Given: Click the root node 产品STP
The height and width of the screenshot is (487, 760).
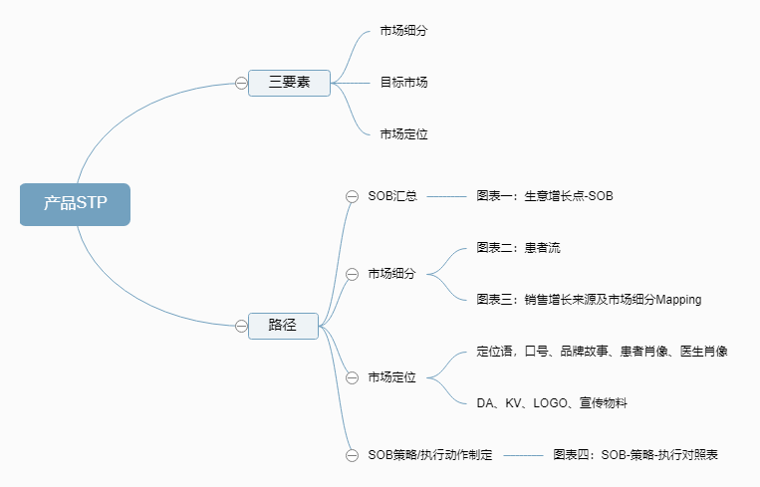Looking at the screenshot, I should click(75, 204).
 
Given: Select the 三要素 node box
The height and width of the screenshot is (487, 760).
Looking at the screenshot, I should click(289, 83).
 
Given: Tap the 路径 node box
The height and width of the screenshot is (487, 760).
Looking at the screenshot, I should click(283, 325).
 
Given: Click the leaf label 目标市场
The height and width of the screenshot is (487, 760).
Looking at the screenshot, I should click(403, 83).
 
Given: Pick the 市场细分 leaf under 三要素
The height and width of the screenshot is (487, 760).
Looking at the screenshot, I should click(403, 31).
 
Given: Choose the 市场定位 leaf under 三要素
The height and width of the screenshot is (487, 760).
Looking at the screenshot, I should click(403, 133).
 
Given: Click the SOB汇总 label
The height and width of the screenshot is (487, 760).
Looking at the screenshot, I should click(392, 196).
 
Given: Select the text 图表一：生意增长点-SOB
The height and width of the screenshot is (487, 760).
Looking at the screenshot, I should click(545, 196).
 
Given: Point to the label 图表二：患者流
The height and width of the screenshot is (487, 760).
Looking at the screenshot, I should click(518, 247).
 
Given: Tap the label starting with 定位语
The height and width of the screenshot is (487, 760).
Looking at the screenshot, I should click(602, 351).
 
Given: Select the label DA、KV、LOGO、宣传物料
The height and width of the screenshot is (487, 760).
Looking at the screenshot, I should click(551, 402).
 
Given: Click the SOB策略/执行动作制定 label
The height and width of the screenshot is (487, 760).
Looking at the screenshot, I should click(429, 455).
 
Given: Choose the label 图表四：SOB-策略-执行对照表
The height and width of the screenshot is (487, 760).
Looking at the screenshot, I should click(635, 455).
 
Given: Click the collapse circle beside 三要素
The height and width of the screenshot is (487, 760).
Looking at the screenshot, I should click(241, 83).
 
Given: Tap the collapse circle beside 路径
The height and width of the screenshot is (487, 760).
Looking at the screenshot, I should click(241, 325).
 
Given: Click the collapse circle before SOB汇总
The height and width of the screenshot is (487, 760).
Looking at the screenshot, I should click(352, 196).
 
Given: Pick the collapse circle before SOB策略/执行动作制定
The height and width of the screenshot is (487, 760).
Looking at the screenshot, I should click(352, 455).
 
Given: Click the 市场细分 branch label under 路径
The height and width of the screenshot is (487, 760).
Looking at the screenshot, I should click(391, 274).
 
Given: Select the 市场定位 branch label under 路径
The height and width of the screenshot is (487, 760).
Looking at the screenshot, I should click(391, 377).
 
